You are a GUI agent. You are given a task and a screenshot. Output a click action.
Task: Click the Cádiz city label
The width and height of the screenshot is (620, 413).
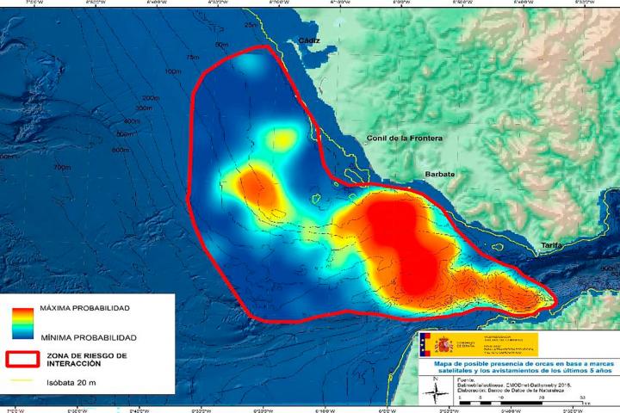(x=307, y=40)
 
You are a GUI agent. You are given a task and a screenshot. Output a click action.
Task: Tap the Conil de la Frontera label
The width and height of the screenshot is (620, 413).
(x=404, y=138)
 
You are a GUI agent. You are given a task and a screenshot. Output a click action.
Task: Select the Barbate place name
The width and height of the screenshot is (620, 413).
(x=439, y=174)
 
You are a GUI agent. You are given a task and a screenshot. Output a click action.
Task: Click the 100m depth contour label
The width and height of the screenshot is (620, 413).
(x=172, y=71)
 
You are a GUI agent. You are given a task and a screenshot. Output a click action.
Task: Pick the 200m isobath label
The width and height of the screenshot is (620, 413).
(x=152, y=98)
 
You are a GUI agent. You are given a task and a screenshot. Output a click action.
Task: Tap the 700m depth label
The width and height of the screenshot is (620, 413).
(x=62, y=166)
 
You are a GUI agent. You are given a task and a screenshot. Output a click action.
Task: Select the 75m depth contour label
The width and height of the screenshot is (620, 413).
(x=192, y=57)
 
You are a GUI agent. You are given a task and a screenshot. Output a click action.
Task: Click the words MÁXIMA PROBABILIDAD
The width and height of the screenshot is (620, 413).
(x=85, y=308)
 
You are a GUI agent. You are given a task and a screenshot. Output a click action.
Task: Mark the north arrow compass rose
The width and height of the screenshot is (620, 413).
(x=438, y=389)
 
